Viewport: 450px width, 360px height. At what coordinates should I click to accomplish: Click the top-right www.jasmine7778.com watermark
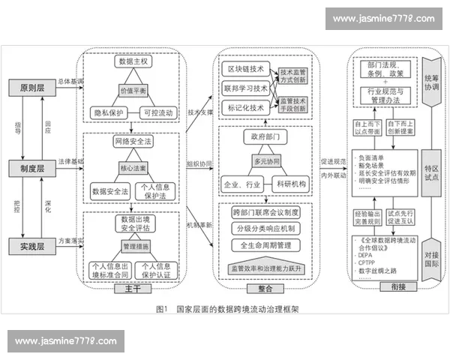(x=383, y=18)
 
